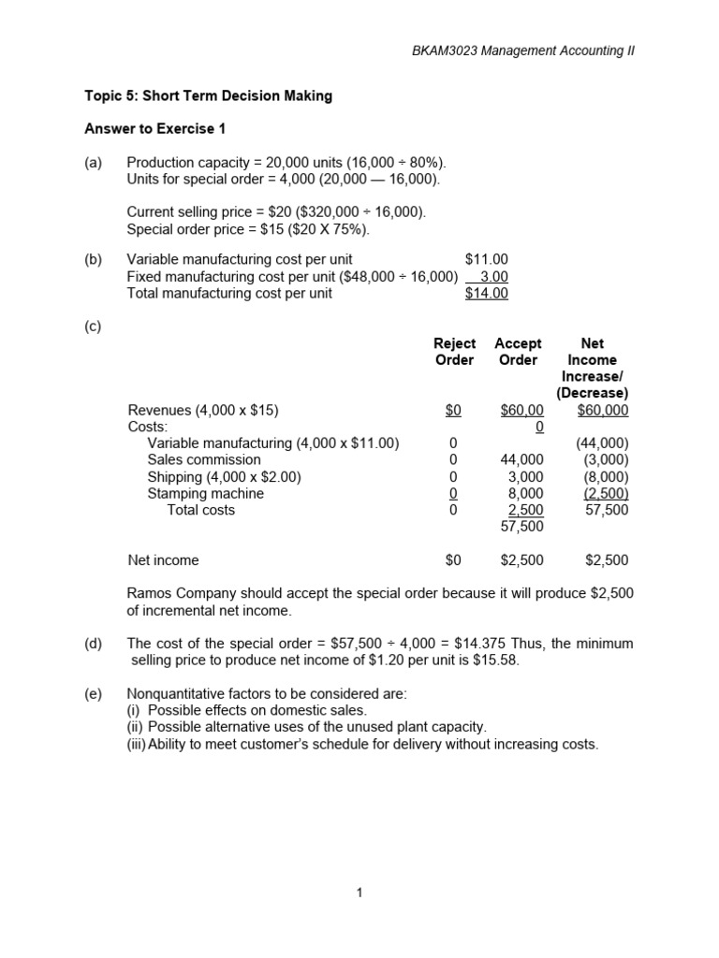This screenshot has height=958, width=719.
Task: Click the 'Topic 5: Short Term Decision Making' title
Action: click(209, 96)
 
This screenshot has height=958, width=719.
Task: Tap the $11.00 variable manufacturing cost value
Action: click(486, 259)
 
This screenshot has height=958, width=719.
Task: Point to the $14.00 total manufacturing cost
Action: click(486, 293)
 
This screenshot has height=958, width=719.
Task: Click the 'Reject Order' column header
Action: click(454, 352)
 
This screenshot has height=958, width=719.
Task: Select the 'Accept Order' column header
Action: click(518, 352)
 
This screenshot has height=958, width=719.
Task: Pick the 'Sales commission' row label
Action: click(204, 459)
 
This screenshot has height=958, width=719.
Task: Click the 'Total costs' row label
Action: click(200, 510)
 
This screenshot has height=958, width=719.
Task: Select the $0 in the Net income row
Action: click(454, 560)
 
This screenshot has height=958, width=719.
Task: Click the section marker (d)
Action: click(93, 644)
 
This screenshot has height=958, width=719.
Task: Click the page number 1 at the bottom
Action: click(359, 893)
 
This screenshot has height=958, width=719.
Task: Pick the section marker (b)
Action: click(93, 259)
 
